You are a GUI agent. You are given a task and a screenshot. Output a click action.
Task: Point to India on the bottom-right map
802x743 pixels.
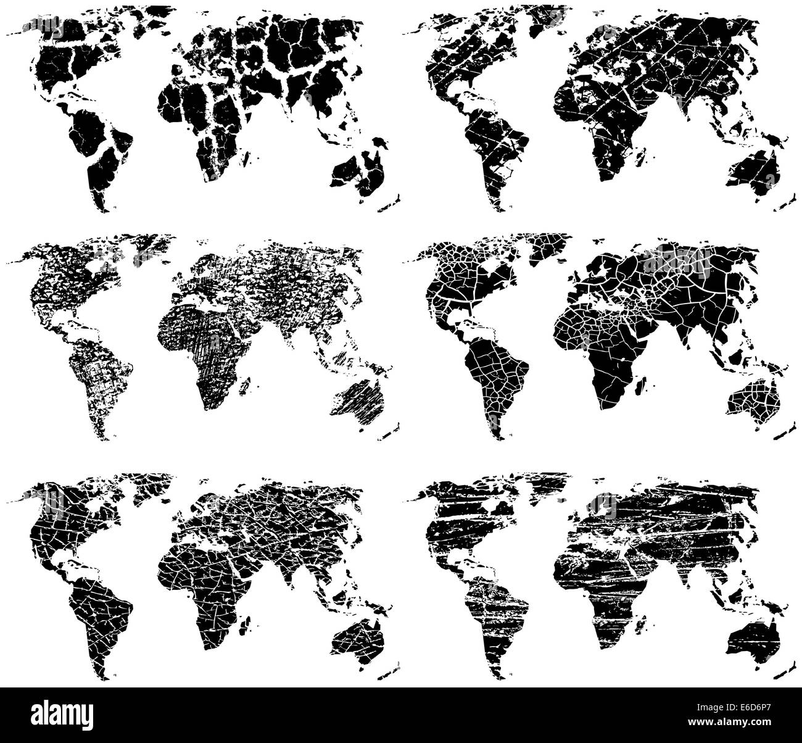[685, 574]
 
